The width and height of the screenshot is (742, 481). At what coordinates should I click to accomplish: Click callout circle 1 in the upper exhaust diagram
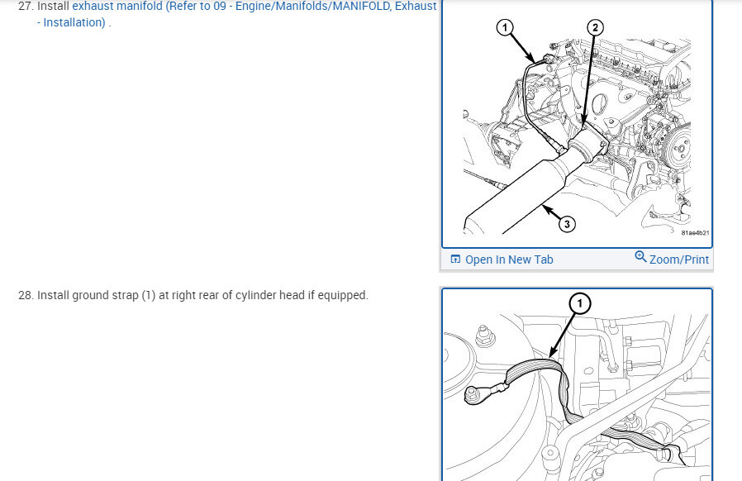(x=505, y=27)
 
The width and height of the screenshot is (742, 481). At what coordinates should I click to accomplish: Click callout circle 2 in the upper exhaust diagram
(x=595, y=27)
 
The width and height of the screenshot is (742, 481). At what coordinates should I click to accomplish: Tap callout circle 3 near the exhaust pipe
(x=567, y=223)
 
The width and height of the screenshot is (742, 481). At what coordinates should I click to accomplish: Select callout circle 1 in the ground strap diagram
(x=580, y=303)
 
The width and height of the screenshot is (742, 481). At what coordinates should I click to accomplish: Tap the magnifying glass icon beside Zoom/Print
(x=640, y=256)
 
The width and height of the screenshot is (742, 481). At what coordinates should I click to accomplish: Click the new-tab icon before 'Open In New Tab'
(x=455, y=259)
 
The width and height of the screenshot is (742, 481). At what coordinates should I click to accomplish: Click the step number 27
(x=25, y=6)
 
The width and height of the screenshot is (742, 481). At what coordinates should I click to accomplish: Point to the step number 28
(x=25, y=295)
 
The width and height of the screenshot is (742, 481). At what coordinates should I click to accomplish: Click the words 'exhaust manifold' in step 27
(x=117, y=6)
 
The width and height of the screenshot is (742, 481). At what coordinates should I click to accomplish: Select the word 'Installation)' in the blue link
(x=74, y=22)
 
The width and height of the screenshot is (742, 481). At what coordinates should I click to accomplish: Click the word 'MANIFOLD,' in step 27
(x=362, y=6)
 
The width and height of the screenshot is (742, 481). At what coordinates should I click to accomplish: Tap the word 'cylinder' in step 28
(x=255, y=295)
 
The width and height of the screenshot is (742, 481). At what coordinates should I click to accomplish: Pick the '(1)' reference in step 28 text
(x=149, y=295)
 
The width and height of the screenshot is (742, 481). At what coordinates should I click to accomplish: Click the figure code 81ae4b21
(x=695, y=233)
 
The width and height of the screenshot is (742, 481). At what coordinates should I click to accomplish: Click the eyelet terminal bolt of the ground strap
(x=473, y=394)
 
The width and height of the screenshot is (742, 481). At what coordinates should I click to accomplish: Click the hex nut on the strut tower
(x=483, y=336)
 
